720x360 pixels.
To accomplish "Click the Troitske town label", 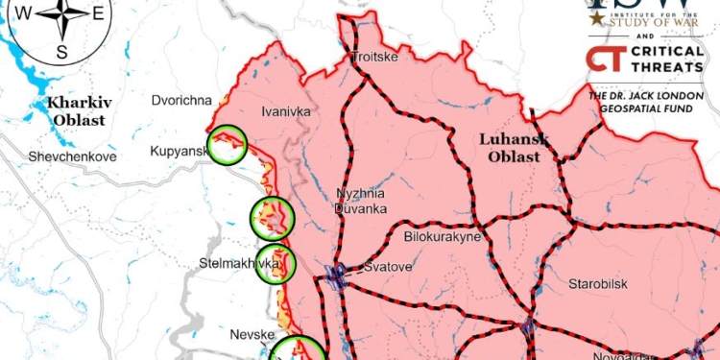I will tap(374, 57).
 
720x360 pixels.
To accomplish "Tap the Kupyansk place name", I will tap(179, 152).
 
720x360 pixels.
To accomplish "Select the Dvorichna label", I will tap(180, 100).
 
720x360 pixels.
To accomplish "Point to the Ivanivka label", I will tap(286, 111).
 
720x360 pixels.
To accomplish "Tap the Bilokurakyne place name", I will tap(442, 236).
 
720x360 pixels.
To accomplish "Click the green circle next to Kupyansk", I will tap(228, 145).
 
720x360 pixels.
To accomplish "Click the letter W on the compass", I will tap(27, 13).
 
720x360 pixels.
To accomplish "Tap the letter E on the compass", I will tap(98, 13).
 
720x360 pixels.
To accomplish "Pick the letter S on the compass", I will tap(62, 52).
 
